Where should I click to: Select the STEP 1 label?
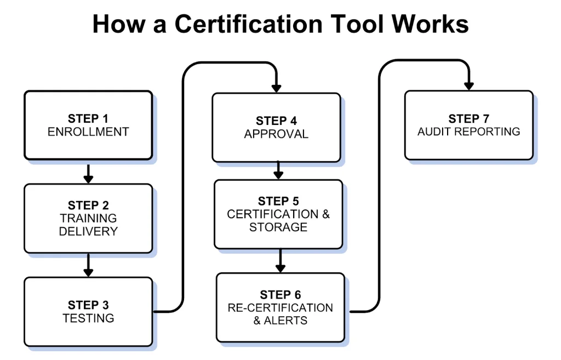[88, 119]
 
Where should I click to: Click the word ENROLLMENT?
[88, 132]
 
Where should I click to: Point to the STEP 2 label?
[88, 205]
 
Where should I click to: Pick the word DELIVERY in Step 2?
[88, 231]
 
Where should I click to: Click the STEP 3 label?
[88, 305]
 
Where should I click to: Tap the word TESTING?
[88, 318]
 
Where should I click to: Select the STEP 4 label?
[276, 121]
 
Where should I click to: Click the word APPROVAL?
[276, 134]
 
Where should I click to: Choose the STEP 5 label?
[278, 201]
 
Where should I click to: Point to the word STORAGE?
[278, 227]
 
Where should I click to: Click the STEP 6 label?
[280, 295]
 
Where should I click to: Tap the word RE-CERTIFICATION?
[280, 308]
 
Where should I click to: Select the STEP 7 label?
[468, 119]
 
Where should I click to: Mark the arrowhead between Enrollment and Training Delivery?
[88, 179]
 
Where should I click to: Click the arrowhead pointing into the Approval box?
[276, 87]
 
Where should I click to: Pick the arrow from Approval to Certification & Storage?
[278, 170]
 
